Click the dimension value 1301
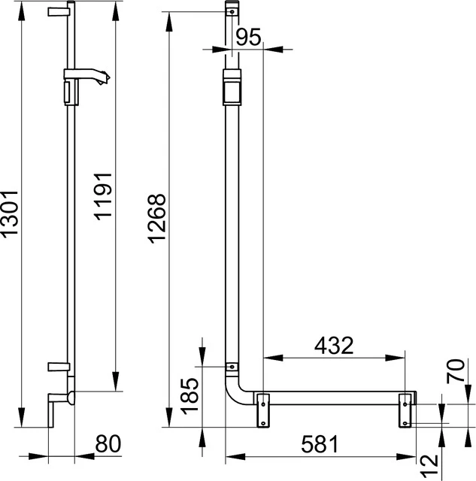pos(10,213)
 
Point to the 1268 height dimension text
pos(156,218)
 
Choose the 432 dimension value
pos(332,346)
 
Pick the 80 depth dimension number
pos(108,444)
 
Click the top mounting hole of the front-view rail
pos(232,12)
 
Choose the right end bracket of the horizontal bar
pos(406,410)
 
